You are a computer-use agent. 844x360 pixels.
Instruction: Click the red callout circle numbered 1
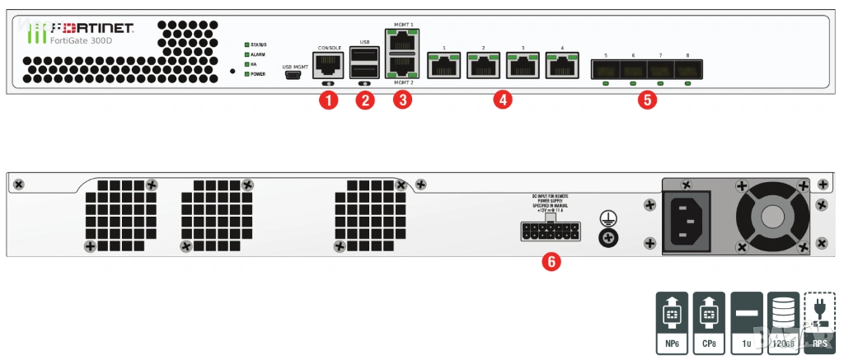[329, 101]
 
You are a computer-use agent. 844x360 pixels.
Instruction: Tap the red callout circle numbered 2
[364, 101]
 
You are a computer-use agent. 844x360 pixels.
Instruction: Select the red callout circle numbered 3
[402, 101]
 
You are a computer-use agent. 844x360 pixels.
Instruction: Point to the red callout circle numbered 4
[502, 101]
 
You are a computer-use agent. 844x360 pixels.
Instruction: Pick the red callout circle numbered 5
[649, 101]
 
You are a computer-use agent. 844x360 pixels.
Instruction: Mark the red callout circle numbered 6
[551, 262]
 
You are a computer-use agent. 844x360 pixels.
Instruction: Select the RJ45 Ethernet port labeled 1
[443, 64]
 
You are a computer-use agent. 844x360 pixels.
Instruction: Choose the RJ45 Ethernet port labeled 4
[562, 64]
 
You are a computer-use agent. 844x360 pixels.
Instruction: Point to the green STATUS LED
[246, 44]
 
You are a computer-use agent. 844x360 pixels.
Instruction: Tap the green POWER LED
[246, 74]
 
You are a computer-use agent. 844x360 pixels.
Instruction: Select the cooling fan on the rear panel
[773, 216]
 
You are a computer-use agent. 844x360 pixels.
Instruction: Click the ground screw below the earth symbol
[607, 236]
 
